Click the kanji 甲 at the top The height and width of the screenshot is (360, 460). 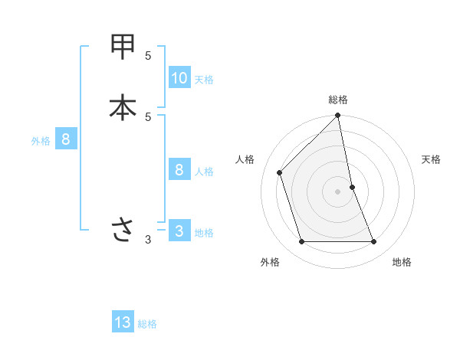click(123, 47)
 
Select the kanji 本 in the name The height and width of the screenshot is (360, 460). click(123, 107)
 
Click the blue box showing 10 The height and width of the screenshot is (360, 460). click(179, 78)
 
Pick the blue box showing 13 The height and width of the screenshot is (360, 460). click(123, 322)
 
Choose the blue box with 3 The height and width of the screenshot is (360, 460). click(179, 231)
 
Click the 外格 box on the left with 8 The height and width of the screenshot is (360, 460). click(66, 139)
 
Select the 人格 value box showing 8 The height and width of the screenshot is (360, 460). click(179, 170)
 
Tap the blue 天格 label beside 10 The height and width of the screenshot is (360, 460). click(204, 80)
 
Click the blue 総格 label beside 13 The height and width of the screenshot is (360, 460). click(147, 324)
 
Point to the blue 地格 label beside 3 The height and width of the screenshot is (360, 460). click(204, 233)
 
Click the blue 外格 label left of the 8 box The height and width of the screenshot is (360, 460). click(41, 141)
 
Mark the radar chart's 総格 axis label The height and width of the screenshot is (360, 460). click(338, 100)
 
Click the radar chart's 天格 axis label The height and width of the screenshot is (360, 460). click(432, 159)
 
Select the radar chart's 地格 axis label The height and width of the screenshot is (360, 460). click(402, 262)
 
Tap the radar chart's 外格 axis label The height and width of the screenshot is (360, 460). click(270, 262)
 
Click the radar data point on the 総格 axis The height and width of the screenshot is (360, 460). click(338, 116)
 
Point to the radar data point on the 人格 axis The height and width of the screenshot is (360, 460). click(280, 172)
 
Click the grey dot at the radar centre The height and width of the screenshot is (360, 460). click(338, 191)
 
